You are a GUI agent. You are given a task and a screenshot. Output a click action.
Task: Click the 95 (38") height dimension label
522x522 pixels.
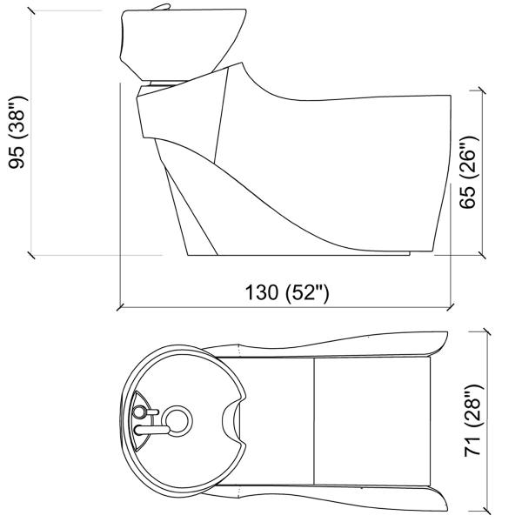coord(17,132)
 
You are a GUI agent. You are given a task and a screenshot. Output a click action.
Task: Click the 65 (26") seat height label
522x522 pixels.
coord(468,172)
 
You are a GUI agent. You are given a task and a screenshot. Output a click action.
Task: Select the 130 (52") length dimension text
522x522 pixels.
coord(287,292)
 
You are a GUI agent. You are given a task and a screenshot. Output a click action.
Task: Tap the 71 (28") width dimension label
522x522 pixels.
coord(472,420)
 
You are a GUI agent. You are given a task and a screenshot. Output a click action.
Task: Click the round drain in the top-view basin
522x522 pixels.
coord(178,421)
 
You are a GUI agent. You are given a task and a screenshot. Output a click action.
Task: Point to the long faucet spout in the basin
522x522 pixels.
coord(152,430)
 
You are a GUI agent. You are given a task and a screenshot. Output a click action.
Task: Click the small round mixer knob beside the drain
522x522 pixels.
coord(138,412)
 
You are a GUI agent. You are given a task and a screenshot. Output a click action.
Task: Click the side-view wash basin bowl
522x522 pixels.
coord(183,43)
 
